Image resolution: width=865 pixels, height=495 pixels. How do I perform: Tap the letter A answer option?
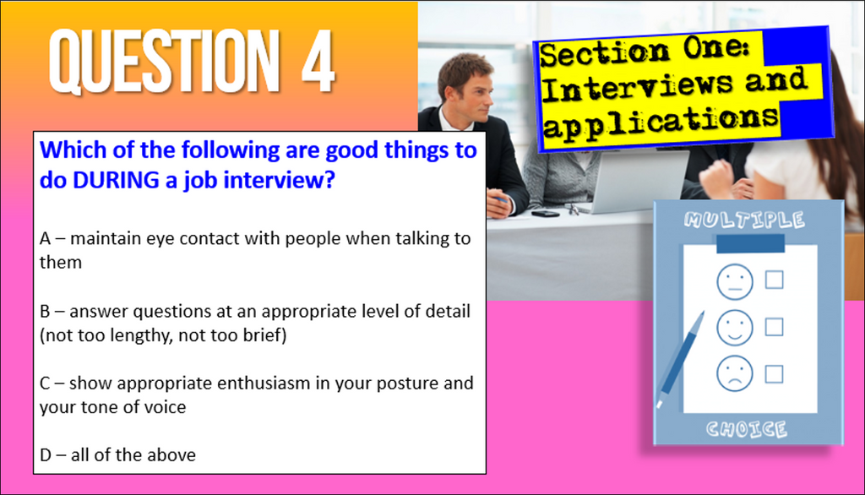[x=46, y=238]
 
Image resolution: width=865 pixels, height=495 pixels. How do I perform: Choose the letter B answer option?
[x=46, y=311]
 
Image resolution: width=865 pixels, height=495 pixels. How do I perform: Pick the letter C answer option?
[x=46, y=383]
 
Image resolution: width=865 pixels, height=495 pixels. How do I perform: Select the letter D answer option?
[x=46, y=455]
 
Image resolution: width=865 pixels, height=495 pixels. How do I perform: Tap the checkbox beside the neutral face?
[x=774, y=280]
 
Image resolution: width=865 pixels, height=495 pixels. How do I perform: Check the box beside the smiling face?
[x=774, y=327]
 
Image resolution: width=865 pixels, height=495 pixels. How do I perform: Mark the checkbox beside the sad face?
[x=774, y=373]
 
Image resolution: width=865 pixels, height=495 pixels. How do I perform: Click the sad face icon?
[x=733, y=373]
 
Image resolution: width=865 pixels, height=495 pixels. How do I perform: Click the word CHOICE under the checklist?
[x=748, y=429]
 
